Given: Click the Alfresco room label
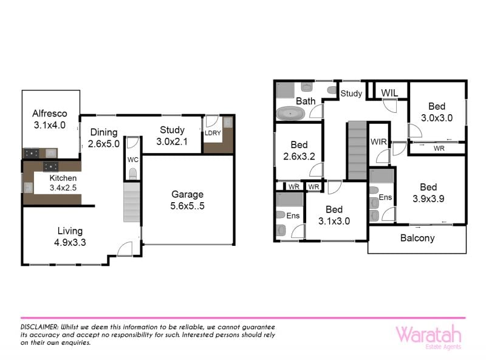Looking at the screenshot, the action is click(50, 114).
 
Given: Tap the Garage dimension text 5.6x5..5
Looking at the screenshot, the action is click(187, 206).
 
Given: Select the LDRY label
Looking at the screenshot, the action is click(213, 133).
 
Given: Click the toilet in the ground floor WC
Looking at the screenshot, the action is click(132, 174).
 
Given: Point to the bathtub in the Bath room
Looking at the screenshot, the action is click(290, 114).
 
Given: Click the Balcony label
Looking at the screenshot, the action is click(417, 238).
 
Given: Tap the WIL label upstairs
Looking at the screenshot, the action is click(389, 93).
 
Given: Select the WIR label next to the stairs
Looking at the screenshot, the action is click(378, 141).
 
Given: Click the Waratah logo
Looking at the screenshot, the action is click(429, 336).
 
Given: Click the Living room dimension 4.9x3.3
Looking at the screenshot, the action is click(70, 242).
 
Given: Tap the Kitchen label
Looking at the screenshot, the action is click(63, 178).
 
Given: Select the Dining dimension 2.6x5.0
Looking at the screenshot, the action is click(103, 144).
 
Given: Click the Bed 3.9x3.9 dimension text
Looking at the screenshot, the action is click(428, 199).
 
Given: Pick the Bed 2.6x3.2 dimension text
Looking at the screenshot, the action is click(299, 156).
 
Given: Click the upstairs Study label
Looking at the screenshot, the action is click(351, 93).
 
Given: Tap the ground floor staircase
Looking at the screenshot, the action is click(132, 202).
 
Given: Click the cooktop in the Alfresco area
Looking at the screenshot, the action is click(32, 153).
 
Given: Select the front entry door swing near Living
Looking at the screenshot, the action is click(125, 249).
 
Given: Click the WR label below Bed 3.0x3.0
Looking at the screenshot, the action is click(439, 148).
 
